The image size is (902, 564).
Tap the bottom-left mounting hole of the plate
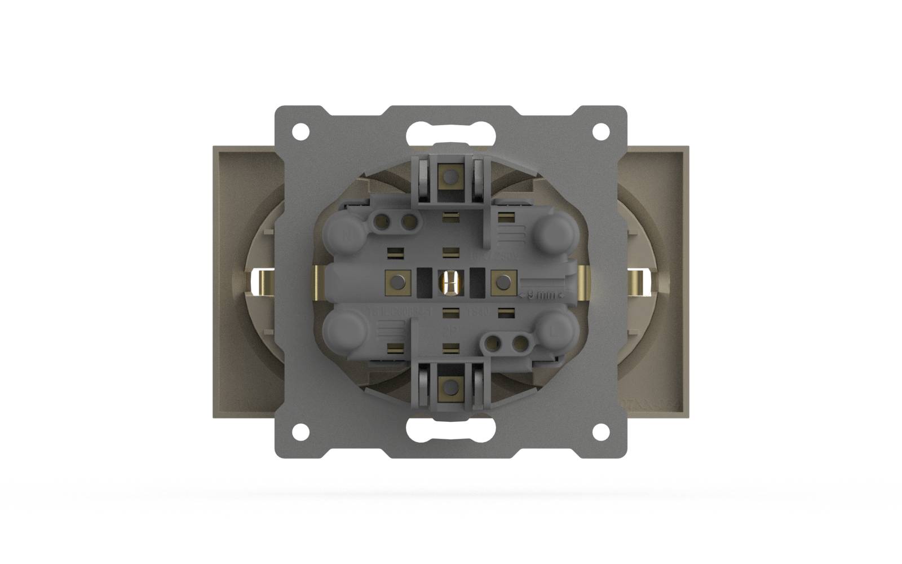(x=301, y=431)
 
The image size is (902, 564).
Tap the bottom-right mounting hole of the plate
(x=601, y=431)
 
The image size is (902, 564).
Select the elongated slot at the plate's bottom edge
(x=450, y=431)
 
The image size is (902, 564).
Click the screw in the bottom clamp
(x=450, y=386)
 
